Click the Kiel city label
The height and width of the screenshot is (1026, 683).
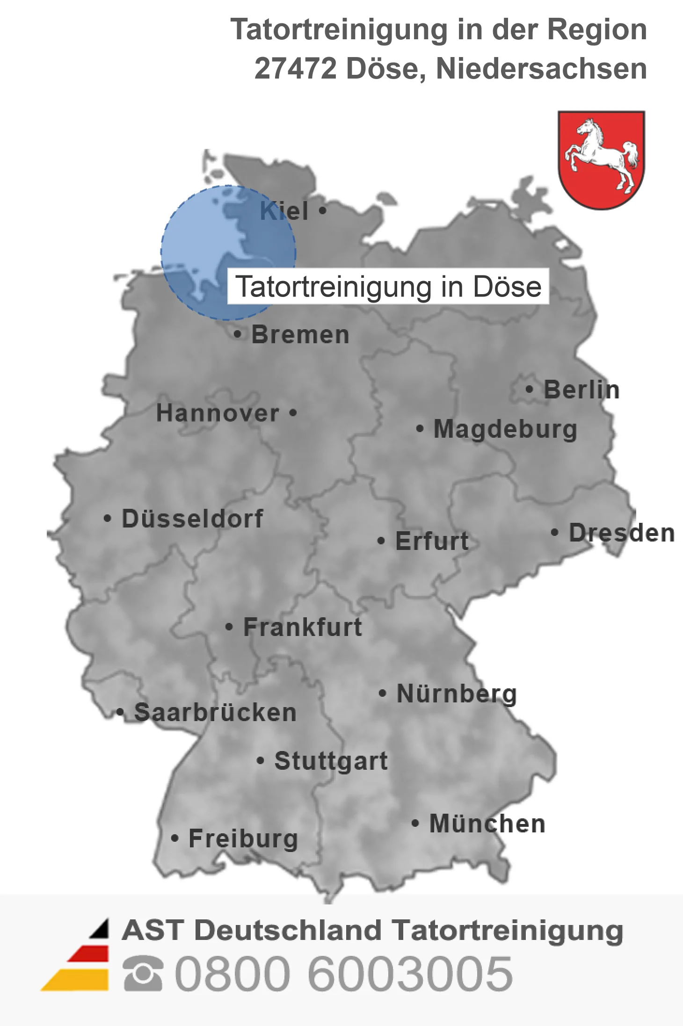click(x=284, y=211)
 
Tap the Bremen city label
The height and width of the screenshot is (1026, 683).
click(x=300, y=335)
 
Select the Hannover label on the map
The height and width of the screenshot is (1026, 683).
click(x=218, y=413)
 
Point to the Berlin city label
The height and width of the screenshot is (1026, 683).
click(x=581, y=390)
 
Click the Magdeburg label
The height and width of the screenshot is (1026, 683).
click(x=505, y=429)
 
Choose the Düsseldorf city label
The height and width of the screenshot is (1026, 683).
click(x=192, y=519)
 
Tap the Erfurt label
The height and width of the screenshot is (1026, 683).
click(x=432, y=541)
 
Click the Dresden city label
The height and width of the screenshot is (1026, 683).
click(x=622, y=533)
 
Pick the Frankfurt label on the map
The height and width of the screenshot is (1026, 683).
click(x=303, y=627)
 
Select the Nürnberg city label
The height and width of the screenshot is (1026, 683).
click(x=457, y=694)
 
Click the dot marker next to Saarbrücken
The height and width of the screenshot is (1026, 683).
click(x=120, y=712)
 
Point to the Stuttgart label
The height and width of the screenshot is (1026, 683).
click(x=331, y=761)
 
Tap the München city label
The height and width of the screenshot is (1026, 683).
click(x=487, y=824)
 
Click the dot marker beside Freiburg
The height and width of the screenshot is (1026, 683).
click(x=174, y=838)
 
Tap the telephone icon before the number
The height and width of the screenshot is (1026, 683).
click(x=143, y=973)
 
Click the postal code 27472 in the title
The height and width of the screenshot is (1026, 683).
click(x=296, y=69)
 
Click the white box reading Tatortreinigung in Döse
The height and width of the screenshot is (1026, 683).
click(x=388, y=286)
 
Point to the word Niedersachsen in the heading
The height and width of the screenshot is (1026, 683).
click(x=541, y=69)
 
